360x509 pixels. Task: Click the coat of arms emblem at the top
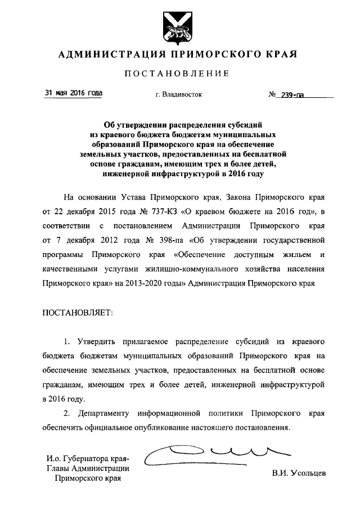[179, 27]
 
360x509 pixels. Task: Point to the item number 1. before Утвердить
[66, 341]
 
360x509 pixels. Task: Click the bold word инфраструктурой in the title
[180, 174]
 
